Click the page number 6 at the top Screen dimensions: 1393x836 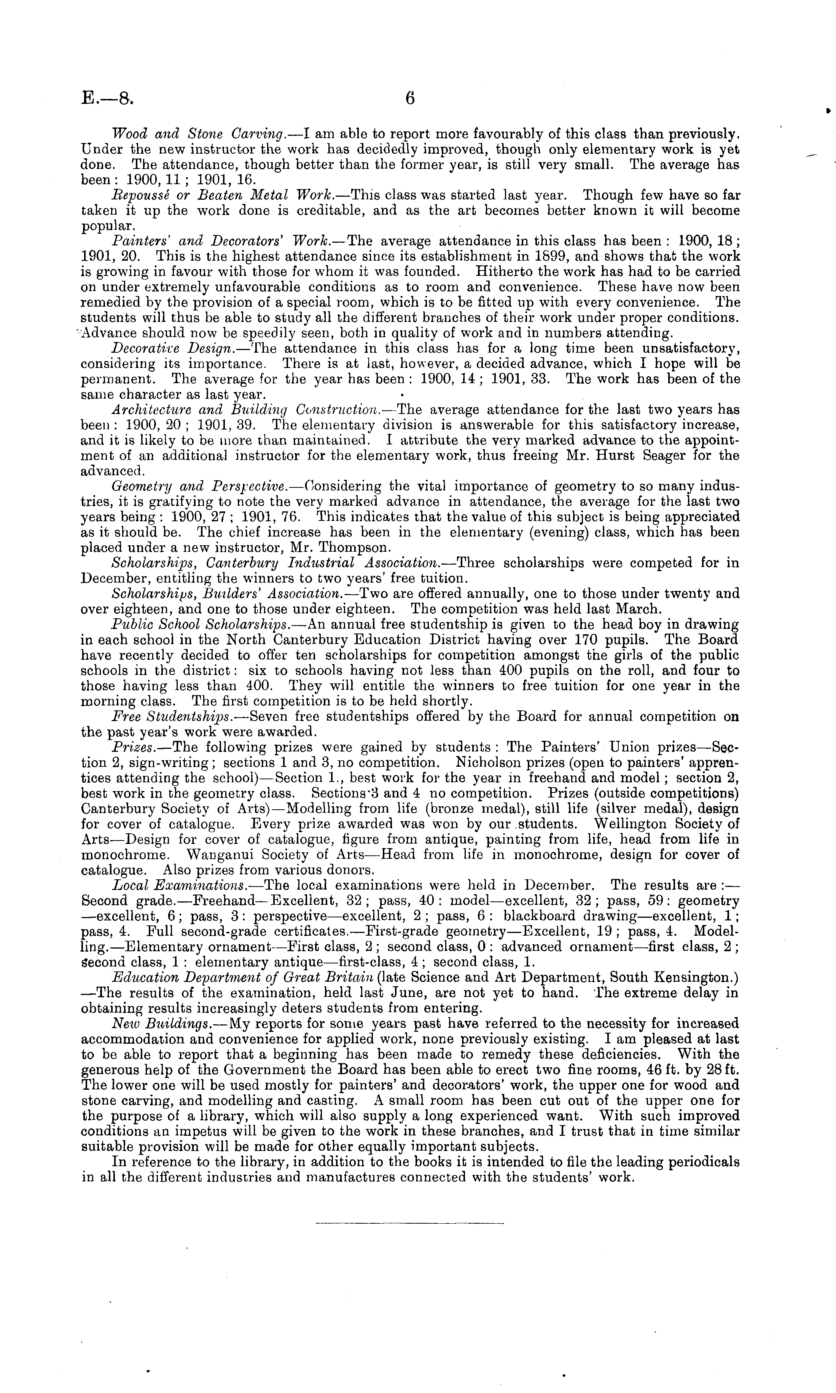coord(409,99)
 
